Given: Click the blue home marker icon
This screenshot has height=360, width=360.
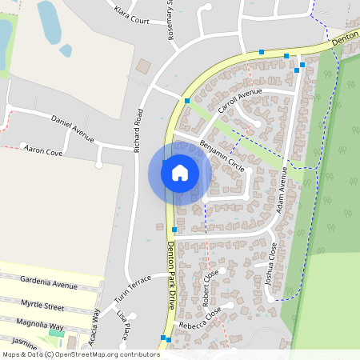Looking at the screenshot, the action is point(179,173).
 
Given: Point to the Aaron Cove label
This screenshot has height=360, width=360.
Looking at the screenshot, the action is point(43,150).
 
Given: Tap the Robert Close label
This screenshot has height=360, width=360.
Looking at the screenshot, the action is point(210,289).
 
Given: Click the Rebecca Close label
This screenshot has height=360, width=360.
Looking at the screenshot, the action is point(201,322).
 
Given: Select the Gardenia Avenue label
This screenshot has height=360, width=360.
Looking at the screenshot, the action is point(50,284).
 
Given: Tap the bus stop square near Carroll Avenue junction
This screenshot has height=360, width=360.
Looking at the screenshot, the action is point(186,101).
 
